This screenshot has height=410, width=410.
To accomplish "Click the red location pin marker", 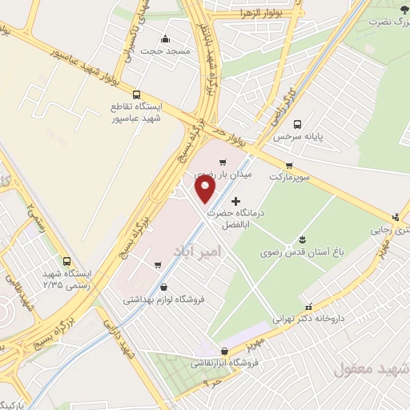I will [206, 189].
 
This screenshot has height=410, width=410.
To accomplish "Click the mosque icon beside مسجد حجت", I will [165, 38].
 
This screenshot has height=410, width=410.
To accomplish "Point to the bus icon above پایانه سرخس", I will [297, 124].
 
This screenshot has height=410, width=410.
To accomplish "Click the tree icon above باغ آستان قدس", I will [301, 239].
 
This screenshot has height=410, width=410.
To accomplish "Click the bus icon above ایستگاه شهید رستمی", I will [66, 261].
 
